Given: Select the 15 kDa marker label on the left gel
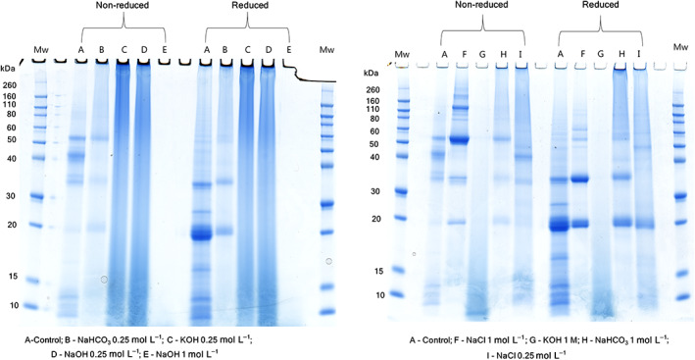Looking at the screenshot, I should click(x=14, y=277).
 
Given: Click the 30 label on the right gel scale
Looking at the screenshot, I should click(x=372, y=190).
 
